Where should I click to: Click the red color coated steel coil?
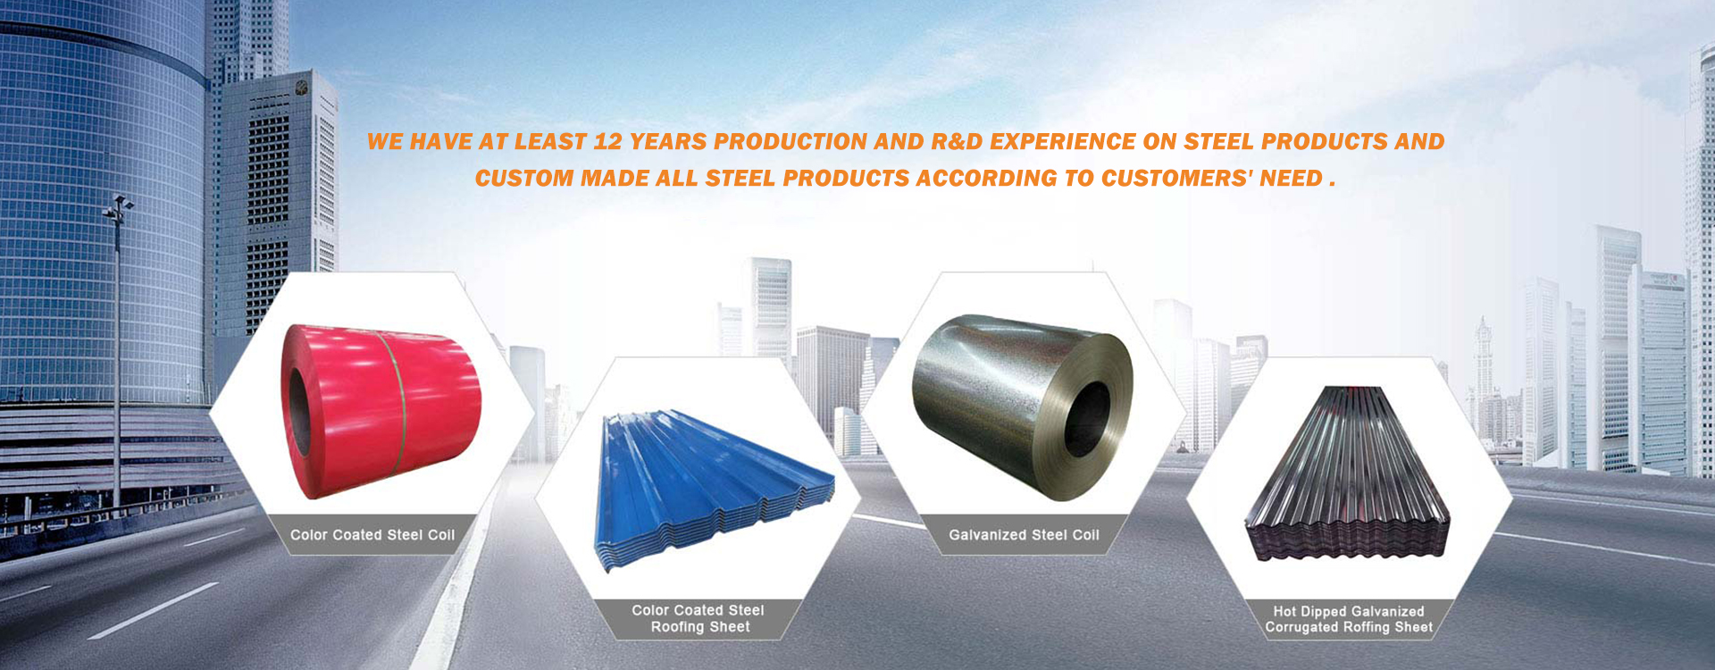(382, 411)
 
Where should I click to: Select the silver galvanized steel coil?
(1023, 406)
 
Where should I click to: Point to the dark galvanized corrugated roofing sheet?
(1348, 473)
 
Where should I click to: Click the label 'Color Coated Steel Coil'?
(372, 535)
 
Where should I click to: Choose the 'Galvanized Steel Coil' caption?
(1024, 535)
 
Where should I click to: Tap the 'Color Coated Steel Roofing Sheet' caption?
(699, 618)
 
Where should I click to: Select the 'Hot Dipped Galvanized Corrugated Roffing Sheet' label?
(1349, 619)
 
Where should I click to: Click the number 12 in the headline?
(607, 142)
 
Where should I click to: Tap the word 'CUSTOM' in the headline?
(524, 179)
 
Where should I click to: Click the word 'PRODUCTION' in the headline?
(791, 142)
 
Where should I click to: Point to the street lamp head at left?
(118, 207)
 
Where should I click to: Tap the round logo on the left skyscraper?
(301, 87)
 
